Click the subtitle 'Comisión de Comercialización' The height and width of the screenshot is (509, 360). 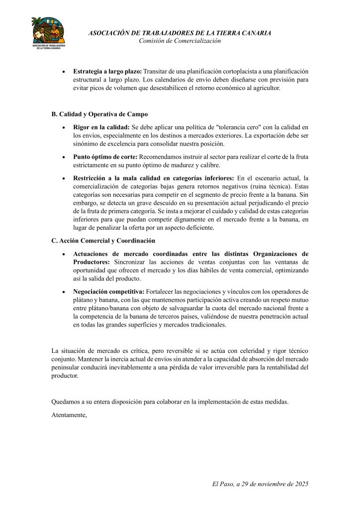180,41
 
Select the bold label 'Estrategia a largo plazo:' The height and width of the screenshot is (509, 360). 107,71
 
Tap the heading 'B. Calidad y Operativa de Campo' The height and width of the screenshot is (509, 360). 99,114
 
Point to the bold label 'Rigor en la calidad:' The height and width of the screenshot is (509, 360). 101,127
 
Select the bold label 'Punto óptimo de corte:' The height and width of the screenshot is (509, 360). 105,157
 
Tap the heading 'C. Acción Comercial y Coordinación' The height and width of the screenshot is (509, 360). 103,241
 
